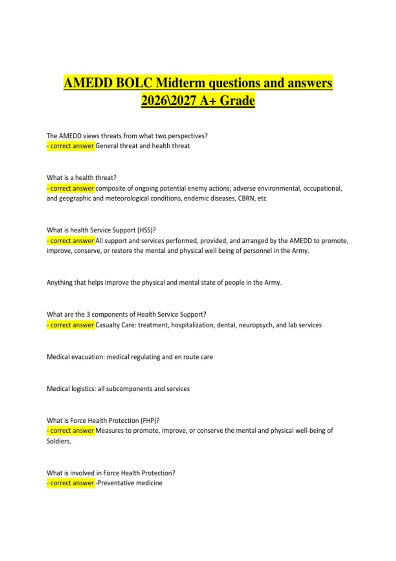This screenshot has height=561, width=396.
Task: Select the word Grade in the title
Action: point(237,100)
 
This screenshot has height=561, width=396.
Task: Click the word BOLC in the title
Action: point(134,83)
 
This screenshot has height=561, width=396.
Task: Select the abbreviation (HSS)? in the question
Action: point(147,230)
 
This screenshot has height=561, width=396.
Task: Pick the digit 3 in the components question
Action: point(88,314)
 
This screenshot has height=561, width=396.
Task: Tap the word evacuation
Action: point(87,357)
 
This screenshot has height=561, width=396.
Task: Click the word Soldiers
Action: point(59,441)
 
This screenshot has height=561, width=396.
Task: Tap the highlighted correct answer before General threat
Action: point(71,146)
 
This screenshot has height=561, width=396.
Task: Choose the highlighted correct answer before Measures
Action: point(71,431)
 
